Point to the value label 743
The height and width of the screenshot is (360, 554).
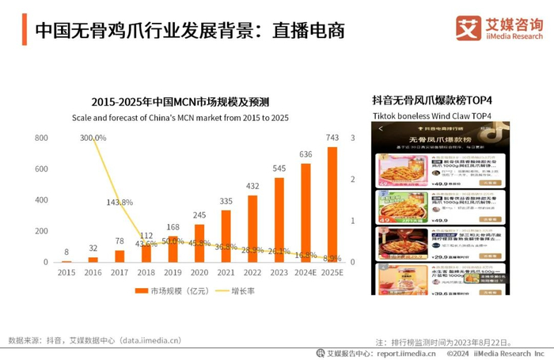pos(333,138)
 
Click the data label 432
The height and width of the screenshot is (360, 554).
pos(253,187)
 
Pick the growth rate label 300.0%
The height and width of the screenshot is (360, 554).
pos(93,138)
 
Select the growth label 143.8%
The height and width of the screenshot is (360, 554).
pos(120,202)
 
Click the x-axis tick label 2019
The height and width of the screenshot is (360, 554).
pos(173,272)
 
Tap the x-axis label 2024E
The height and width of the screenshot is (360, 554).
pos(306,272)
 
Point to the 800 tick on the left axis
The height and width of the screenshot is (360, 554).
pos(42,138)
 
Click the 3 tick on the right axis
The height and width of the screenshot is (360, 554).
pos(352,138)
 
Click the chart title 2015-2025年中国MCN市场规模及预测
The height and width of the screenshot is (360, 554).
pos(180,102)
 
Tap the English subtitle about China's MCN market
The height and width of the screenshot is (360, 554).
pos(180,117)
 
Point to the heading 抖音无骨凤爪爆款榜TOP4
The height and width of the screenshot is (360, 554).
pos(432,100)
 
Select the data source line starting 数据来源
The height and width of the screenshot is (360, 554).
pos(95,341)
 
